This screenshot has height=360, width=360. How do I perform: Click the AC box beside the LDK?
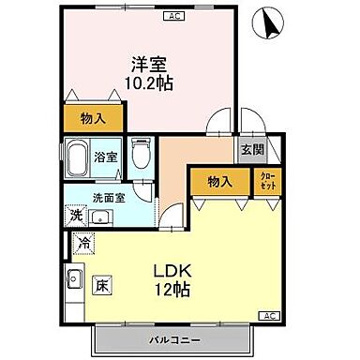(268, 315)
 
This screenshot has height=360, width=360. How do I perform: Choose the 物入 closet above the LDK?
(220, 181)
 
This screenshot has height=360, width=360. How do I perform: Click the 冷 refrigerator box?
(82, 241)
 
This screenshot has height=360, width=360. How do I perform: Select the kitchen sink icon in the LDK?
(75, 278)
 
